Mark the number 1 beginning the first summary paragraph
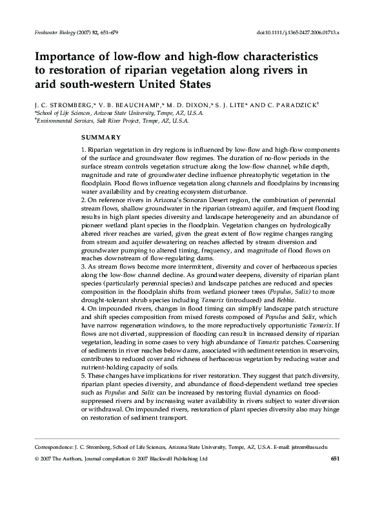(x=83, y=150)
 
